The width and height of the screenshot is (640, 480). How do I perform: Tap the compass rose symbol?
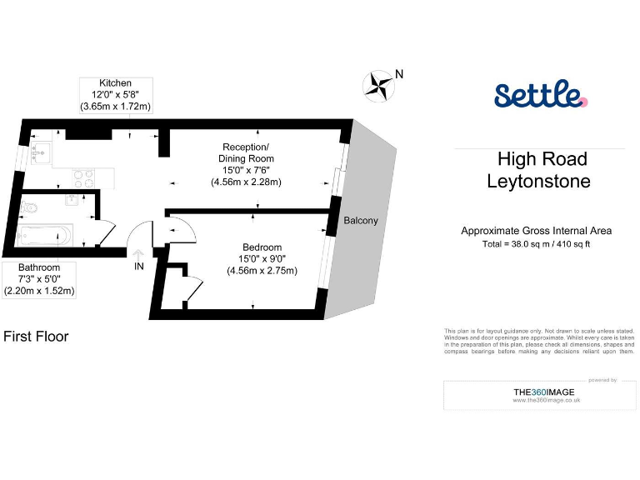coord(379,84)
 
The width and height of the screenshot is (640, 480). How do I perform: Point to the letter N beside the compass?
coord(399,74)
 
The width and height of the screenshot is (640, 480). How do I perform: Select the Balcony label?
coord(361,221)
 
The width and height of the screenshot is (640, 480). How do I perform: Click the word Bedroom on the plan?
coord(262,247)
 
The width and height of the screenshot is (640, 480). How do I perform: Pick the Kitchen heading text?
coord(115,83)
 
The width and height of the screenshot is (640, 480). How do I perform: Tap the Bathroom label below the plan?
coord(40,267)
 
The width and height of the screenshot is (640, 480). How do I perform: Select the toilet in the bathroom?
coord(30,207)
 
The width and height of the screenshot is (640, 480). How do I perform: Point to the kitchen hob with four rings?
coord(84,177)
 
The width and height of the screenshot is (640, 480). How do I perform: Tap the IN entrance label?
coord(139,267)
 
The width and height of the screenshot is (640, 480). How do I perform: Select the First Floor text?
coord(36,337)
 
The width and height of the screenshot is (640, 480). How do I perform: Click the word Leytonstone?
coord(538,181)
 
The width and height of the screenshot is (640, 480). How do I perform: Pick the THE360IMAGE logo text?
coord(546,392)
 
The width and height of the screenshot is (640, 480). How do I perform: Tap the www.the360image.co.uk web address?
coord(547,401)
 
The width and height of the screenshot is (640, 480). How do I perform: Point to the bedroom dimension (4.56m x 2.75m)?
coord(262,270)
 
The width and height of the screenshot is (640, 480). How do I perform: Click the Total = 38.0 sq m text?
coord(537,244)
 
